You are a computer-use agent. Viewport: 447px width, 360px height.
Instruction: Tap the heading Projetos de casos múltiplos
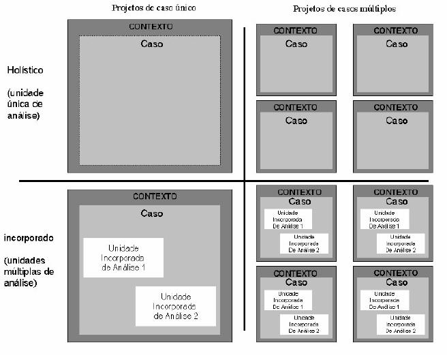pos(344,9)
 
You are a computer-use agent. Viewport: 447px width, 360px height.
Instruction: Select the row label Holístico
pos(25,70)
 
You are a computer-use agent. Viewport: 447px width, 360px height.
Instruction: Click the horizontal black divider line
pos(136,181)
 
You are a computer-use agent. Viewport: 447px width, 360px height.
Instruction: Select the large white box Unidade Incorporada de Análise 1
pos(123,258)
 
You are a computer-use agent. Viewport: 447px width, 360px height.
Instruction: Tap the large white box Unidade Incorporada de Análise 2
pos(176,306)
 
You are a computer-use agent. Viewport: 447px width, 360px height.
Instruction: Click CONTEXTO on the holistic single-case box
pos(151,27)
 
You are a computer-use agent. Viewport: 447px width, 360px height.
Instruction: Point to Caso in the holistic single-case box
pos(151,44)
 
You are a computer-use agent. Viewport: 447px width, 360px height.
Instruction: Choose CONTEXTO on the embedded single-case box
pos(155,196)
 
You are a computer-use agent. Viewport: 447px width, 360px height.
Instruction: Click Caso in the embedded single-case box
pos(151,213)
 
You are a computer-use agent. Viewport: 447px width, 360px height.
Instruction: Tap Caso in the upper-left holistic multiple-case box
pos(296,44)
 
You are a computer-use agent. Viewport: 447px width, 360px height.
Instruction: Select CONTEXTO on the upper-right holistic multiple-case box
pos(395,30)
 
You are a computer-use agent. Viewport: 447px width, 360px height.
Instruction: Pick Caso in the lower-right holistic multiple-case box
pos(396,121)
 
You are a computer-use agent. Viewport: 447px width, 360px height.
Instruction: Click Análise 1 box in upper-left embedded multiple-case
pos(288,219)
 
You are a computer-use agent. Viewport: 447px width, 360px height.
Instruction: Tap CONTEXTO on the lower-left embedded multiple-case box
pos(296,273)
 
